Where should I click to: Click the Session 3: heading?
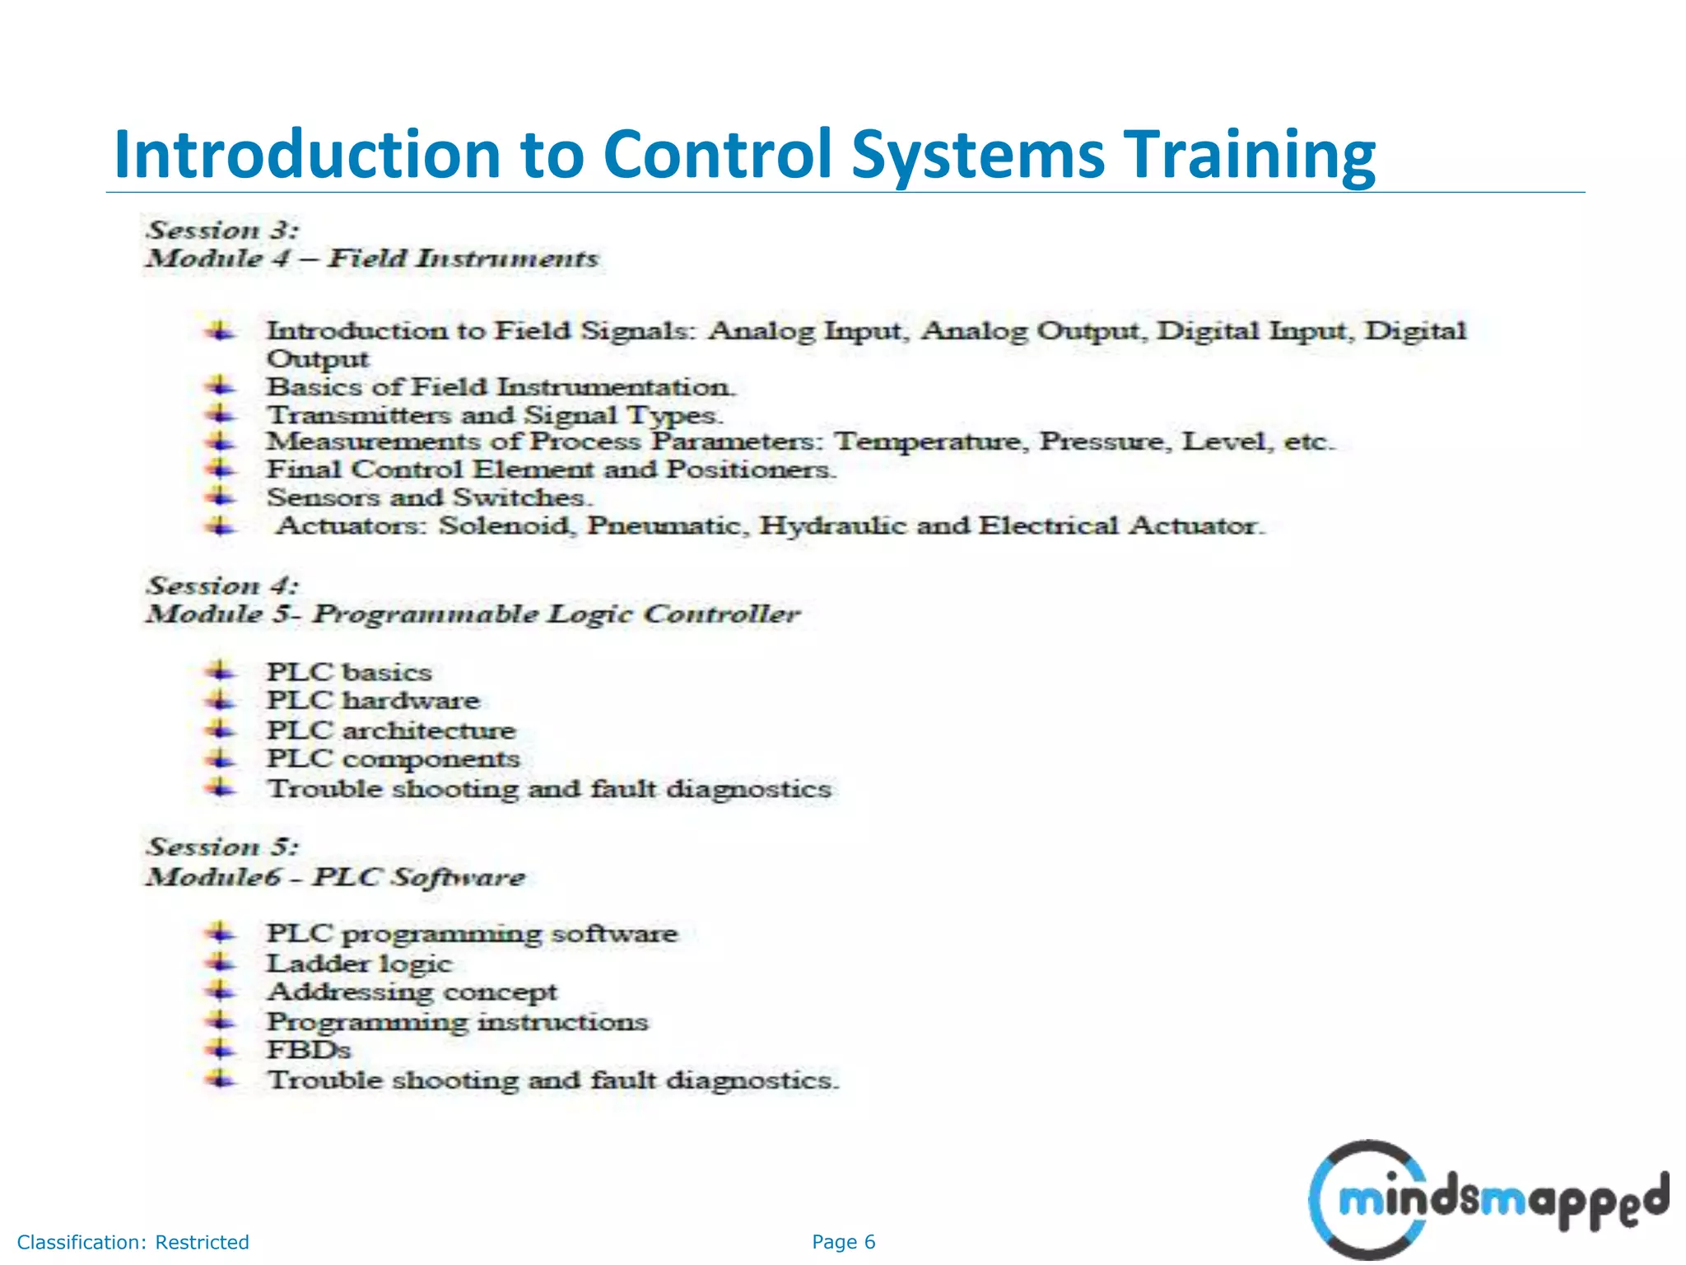pos(222,230)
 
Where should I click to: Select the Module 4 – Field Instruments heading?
pos(372,259)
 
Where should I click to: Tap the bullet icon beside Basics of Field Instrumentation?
pos(220,385)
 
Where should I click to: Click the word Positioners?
pos(750,469)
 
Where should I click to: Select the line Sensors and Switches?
pos(428,497)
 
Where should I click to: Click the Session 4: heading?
pos(222,586)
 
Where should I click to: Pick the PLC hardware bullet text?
pos(373,701)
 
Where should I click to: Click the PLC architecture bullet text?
pos(390,731)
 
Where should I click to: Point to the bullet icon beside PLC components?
pos(220,759)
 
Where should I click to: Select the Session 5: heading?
pos(222,847)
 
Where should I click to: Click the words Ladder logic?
pos(359,964)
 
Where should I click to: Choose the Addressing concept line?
pos(412,992)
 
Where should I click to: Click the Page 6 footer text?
pos(843,1242)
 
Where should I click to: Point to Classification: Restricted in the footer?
pos(133,1242)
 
